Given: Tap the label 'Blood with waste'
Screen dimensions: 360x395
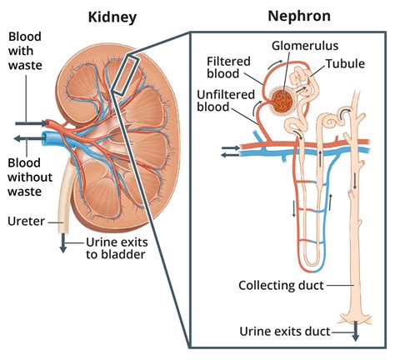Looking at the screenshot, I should click(x=26, y=57).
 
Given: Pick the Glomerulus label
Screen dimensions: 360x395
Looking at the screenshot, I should click(x=294, y=44).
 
